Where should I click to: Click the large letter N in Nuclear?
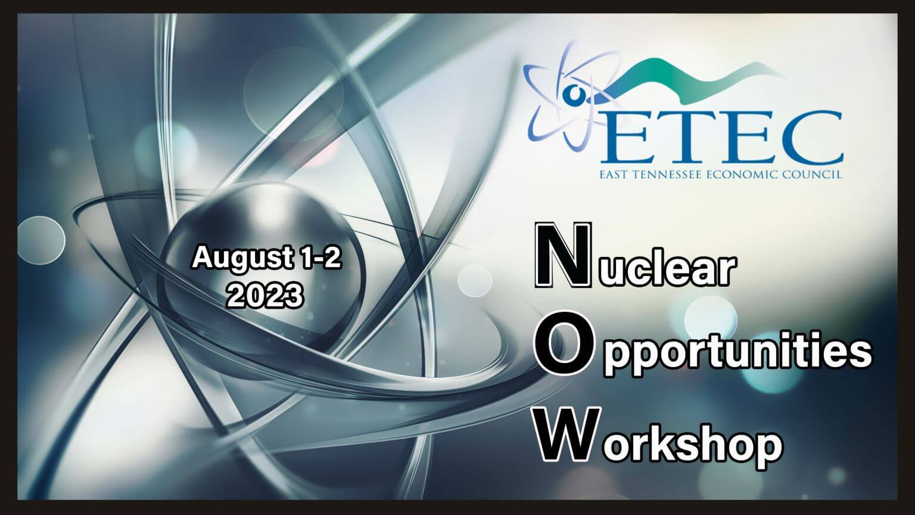(x=563, y=255)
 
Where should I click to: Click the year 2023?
(x=265, y=295)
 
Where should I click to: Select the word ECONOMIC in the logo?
(x=740, y=175)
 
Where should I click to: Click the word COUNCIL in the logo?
(x=810, y=175)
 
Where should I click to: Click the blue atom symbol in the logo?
(x=572, y=96)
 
